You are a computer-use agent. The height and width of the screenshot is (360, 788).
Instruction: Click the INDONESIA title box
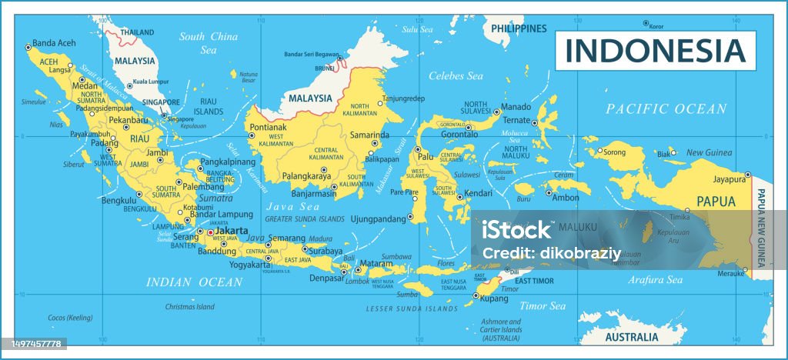coord(656,50)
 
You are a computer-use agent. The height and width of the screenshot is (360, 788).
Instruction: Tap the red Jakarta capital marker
coord(211,232)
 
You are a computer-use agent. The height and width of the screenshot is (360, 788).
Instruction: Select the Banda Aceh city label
coord(54,44)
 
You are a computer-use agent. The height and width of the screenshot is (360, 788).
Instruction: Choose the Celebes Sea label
coord(456,76)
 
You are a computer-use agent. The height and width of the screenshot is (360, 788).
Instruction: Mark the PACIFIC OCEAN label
coord(666,108)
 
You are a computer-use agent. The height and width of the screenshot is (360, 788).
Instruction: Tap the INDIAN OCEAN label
coord(194,282)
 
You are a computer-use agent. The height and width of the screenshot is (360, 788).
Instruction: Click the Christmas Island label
coord(190,307)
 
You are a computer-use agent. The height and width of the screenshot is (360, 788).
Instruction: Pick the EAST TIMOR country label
coord(534,282)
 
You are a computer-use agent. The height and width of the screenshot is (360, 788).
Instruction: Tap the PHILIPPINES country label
coord(519,28)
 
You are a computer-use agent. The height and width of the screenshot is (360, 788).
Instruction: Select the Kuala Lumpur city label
coord(151,81)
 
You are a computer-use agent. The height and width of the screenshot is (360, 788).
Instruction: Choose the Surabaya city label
coord(326,250)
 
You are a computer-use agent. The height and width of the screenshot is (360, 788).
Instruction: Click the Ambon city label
coord(566,198)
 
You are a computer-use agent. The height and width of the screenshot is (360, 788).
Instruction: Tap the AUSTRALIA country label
coord(630,337)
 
